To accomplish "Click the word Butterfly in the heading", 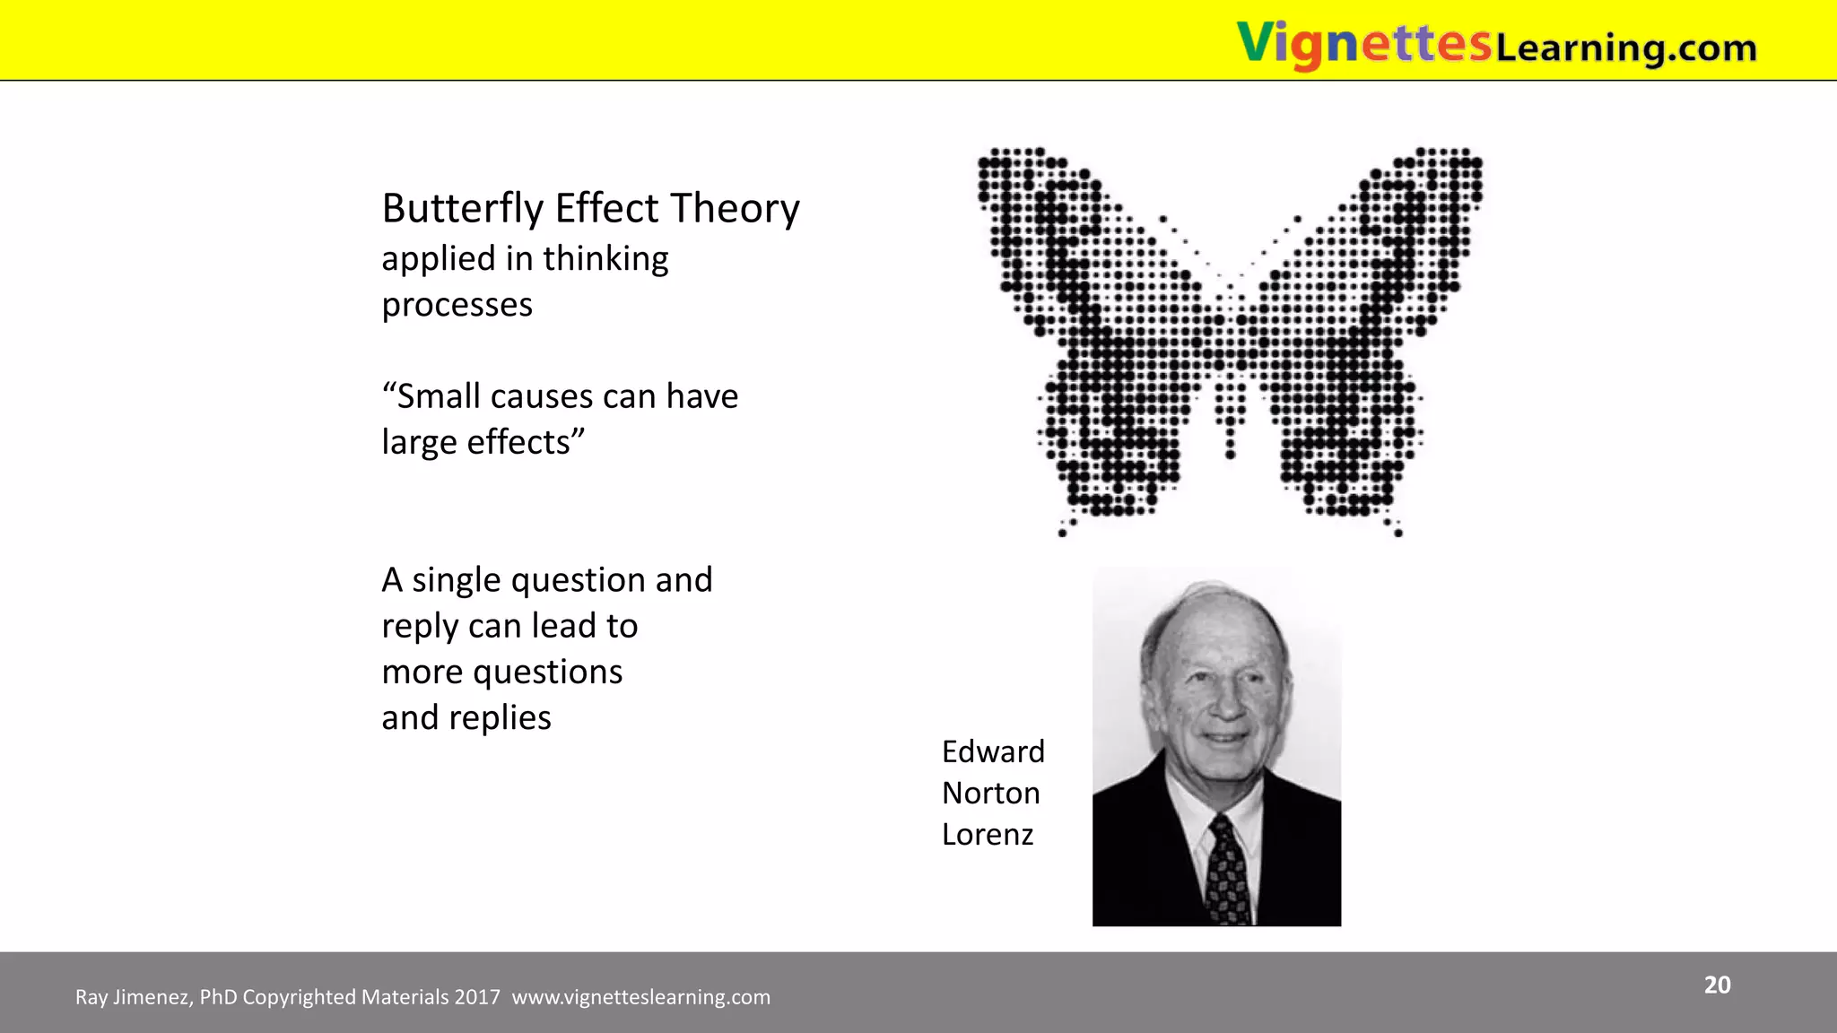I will (463, 209).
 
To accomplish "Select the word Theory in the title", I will (735, 209).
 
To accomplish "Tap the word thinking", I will (605, 259).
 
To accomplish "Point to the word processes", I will (457, 306).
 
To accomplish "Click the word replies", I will (500, 718).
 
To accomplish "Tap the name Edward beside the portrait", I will (993, 751).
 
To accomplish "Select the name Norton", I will (990, 794).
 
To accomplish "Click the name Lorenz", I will (988, 835).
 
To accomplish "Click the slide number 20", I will (1717, 985).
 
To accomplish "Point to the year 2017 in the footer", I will (477, 997).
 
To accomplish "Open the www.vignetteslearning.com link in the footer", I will (640, 997).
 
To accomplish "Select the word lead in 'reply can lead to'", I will (565, 627).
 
